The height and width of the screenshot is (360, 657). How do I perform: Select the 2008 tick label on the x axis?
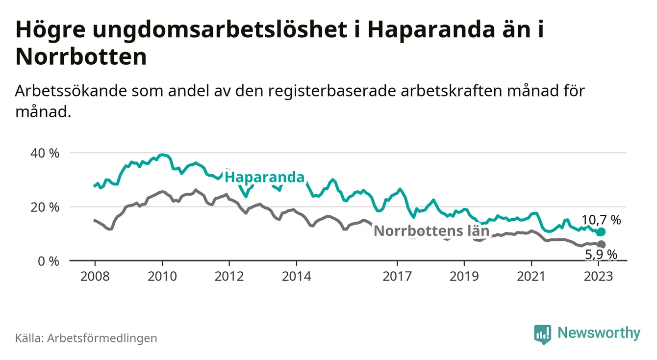[x=95, y=276]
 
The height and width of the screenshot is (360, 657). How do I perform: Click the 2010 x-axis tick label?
[x=162, y=276]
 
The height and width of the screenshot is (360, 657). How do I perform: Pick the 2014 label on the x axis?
[x=296, y=276]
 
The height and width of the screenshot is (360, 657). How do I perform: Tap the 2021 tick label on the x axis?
[x=531, y=276]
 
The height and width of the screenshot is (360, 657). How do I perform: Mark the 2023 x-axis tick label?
[x=599, y=276]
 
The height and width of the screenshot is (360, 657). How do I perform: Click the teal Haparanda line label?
[x=264, y=177]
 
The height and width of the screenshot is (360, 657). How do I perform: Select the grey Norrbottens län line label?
[x=431, y=231]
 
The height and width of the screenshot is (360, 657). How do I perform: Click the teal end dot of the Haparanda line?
[x=602, y=231]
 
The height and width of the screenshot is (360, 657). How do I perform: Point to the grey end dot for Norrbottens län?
[x=602, y=244]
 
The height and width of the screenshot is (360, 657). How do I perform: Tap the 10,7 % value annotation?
[x=601, y=220]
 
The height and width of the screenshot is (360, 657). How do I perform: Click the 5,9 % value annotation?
[x=601, y=254]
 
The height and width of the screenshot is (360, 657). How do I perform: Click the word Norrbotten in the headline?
[x=81, y=57]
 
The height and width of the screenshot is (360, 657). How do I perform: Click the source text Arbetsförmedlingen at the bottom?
[x=102, y=338]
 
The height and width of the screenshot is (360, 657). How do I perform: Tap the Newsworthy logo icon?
[x=542, y=334]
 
